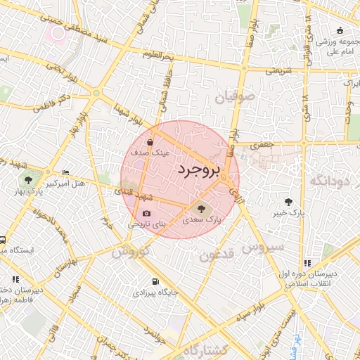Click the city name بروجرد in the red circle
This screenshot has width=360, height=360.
coord(199,170)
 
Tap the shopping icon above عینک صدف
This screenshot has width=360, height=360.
coord(150,142)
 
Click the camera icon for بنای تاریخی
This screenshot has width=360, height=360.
coord(146,214)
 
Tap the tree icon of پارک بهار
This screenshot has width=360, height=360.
coord(28,180)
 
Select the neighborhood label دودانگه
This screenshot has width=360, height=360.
coord(328,182)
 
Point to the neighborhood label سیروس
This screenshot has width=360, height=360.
coord(262,247)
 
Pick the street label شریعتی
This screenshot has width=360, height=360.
coord(278,72)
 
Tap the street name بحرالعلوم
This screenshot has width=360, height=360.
coord(157,54)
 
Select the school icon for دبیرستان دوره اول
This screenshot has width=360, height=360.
coord(307,263)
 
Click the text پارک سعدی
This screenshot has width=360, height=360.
coord(202,220)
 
